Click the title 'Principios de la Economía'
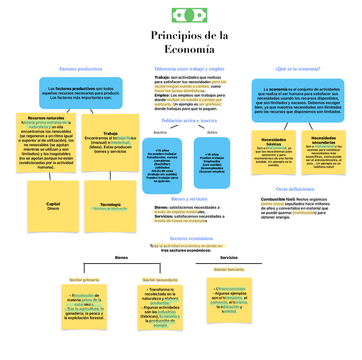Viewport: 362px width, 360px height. point(189,42)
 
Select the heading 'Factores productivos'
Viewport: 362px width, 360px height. point(81,69)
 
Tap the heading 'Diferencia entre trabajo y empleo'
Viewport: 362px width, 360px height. point(189,69)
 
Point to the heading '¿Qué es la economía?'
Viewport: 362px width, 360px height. point(298,69)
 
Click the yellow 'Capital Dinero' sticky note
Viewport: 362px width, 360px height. point(53,206)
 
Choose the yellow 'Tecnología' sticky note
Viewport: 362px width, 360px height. point(110,206)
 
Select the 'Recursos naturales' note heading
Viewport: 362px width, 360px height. point(46,118)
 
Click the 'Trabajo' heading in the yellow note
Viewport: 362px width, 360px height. point(110,134)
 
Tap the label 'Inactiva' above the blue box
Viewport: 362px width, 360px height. point(160,132)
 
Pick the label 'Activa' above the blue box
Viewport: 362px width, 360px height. point(212,132)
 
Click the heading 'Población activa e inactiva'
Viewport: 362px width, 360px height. point(189,121)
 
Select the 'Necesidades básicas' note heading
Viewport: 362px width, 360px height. point(274,142)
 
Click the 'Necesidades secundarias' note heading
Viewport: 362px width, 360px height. point(323,140)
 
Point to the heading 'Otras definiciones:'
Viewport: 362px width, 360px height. point(295,189)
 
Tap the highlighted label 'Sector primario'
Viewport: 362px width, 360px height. point(84,280)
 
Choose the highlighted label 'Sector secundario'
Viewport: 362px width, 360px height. point(160,280)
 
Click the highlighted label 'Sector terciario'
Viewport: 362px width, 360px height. point(229,269)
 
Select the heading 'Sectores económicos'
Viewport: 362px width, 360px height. point(191,238)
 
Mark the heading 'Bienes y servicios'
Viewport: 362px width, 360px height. point(189,199)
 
